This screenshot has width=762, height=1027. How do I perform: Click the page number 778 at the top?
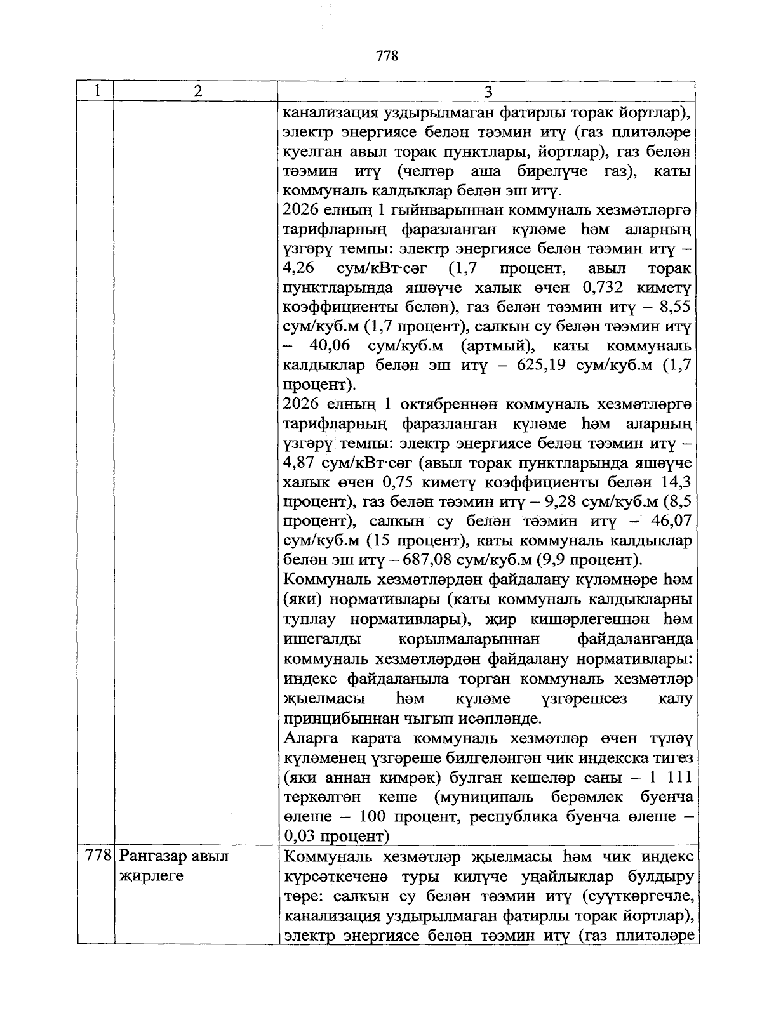387,56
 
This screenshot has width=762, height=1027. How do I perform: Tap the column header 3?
488,92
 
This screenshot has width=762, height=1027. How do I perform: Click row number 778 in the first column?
98,856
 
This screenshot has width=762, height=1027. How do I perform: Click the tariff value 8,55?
675,308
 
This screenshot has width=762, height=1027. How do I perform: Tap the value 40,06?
330,347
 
